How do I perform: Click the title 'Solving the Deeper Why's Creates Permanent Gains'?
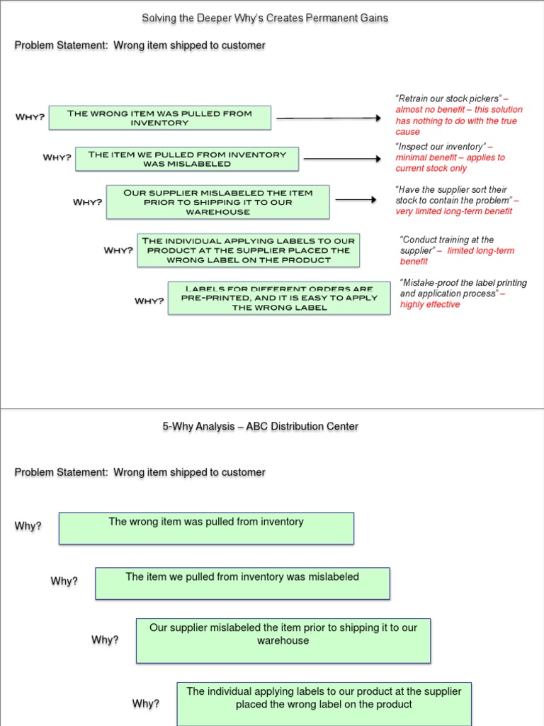click(x=265, y=18)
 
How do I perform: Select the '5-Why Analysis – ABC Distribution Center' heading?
click(x=260, y=426)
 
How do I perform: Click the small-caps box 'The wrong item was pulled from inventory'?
click(x=159, y=118)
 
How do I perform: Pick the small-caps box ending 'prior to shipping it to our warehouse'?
click(x=217, y=201)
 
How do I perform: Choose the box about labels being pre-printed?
click(x=278, y=298)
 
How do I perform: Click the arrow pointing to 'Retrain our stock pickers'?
click(x=328, y=118)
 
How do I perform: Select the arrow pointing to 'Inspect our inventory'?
click(x=342, y=159)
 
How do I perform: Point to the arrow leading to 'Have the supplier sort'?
click(x=356, y=200)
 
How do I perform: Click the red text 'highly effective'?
click(x=430, y=304)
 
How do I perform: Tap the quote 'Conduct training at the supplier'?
click(x=447, y=245)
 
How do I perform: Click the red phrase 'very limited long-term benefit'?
click(x=454, y=211)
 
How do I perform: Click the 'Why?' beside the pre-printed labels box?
click(x=149, y=301)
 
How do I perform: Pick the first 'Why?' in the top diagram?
click(x=30, y=117)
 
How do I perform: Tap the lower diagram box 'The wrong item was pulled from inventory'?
click(x=206, y=528)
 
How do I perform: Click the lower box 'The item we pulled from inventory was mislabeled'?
click(x=242, y=583)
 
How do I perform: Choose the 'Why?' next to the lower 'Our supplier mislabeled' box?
click(x=105, y=640)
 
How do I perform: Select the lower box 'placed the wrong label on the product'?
click(x=324, y=703)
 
